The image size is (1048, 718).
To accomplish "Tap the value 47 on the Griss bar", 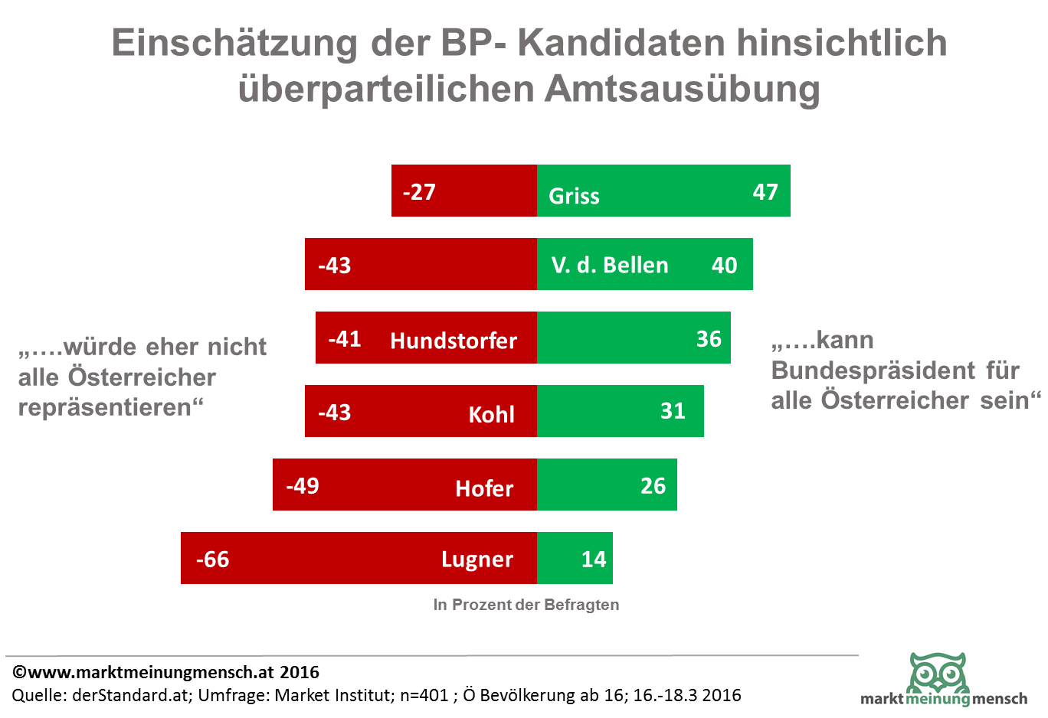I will (x=765, y=191).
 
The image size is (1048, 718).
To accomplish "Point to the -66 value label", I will (x=212, y=560).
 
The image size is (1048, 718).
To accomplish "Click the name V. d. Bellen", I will (x=610, y=265).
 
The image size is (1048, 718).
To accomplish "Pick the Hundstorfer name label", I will (x=454, y=340).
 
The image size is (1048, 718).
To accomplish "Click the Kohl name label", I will (x=491, y=414).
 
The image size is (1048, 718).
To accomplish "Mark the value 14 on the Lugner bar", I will (x=594, y=560).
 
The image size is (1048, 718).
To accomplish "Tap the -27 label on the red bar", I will (x=419, y=191).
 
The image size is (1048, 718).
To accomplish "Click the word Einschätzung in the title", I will (x=234, y=43).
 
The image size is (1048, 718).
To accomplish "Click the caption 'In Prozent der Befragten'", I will (x=526, y=605).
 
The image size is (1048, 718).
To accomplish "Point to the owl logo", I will (x=938, y=672).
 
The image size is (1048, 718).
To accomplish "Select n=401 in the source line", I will (x=424, y=695).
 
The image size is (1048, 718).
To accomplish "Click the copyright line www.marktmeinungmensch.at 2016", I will (x=166, y=672).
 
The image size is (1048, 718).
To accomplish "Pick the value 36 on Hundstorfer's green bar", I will (x=709, y=338).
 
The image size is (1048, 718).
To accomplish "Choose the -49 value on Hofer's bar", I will (x=303, y=485).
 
